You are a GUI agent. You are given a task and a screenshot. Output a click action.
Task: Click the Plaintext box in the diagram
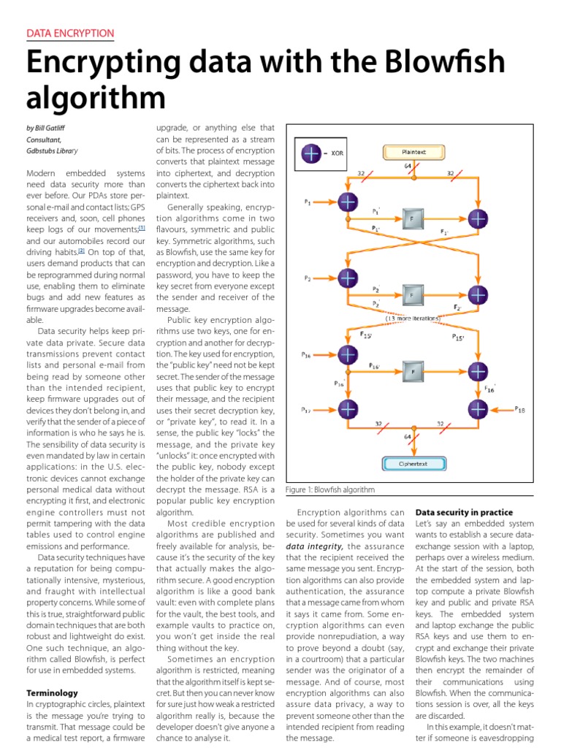(x=414, y=152)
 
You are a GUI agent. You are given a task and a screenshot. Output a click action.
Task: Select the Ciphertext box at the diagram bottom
(x=414, y=462)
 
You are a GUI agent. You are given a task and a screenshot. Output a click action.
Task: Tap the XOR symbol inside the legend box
(x=312, y=153)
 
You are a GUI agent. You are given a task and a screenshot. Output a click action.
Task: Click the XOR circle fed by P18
(x=478, y=410)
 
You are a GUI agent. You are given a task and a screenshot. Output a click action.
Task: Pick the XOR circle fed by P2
(x=348, y=278)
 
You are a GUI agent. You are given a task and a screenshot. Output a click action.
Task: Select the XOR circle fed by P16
(x=348, y=354)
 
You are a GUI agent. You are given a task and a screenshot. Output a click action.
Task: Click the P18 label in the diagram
(x=519, y=410)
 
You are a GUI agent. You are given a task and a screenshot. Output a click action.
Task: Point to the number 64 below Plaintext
(x=408, y=167)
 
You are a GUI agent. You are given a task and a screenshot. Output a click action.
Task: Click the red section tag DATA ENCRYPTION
(x=70, y=33)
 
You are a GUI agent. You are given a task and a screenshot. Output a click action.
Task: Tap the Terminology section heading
(x=53, y=692)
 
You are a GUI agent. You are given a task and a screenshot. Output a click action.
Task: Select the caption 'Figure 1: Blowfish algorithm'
(x=330, y=489)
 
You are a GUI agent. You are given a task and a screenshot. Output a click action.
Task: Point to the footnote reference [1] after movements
(x=142, y=228)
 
